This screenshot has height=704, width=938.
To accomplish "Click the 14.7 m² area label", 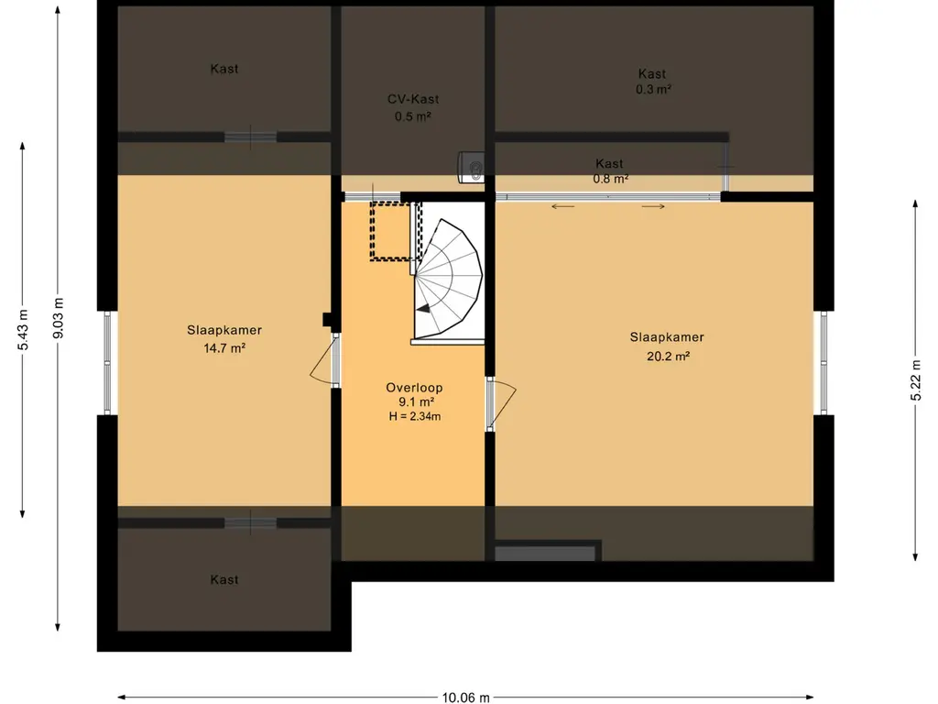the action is pos(224,347).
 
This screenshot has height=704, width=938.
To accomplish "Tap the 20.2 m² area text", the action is pos(668,357).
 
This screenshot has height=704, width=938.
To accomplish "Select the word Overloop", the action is pos(414,388).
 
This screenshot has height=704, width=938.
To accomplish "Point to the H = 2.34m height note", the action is pos(415,416).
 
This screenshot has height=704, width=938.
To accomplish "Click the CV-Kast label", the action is pos(413,99).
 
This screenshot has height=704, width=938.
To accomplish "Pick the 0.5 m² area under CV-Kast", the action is pos(413,116).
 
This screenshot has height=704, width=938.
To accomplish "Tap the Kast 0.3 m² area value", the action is pos(653,89).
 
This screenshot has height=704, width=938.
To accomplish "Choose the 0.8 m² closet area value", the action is pos(610,179).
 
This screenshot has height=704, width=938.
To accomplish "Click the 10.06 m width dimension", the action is pos(465,697).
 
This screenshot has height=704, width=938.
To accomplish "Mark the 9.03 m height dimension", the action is pos(59,318).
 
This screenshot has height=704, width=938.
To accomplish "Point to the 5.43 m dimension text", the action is pos(23,330).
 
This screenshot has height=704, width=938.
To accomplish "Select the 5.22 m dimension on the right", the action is pos(915,381).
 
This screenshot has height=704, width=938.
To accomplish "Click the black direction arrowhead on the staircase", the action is pos(423,308).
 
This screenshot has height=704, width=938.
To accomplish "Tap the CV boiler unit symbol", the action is pos(471,167).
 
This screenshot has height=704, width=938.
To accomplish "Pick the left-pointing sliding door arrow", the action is pos(563,207).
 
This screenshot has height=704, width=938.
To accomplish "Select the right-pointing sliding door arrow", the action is pos(653,207).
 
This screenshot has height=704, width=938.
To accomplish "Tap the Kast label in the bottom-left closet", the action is pos(224,579).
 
